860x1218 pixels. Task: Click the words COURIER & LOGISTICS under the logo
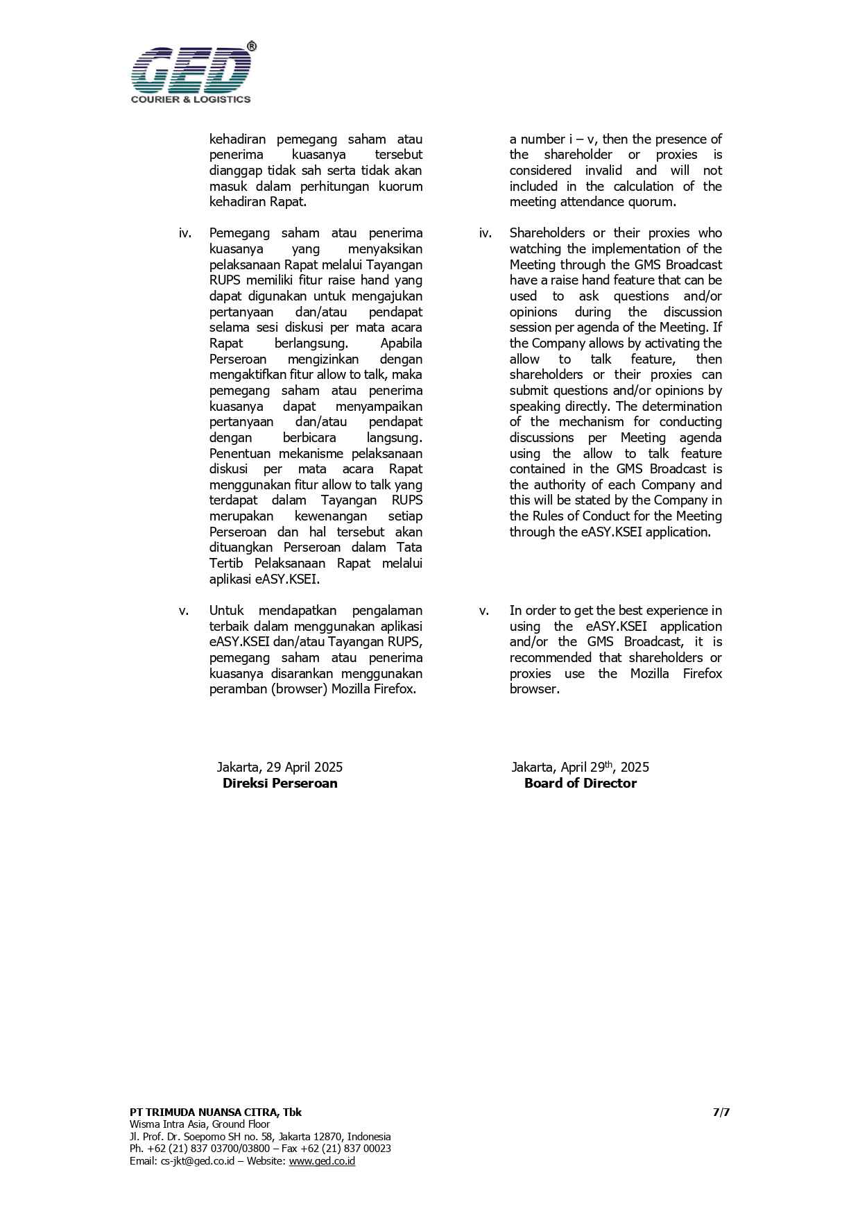[x=191, y=99]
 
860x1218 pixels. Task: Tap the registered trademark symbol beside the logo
[x=251, y=46]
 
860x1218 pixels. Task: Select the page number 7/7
[x=721, y=1112]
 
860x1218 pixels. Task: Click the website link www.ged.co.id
[x=322, y=1160]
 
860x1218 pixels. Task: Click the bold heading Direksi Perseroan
[x=279, y=783]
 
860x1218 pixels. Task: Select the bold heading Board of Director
[x=580, y=783]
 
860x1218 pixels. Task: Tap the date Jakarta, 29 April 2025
[x=279, y=767]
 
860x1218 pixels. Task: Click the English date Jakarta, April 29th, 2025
[x=580, y=767]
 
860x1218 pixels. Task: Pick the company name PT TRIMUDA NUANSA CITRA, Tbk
[x=215, y=1112]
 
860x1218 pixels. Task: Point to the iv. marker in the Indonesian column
[x=185, y=233]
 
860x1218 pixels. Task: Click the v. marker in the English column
[x=484, y=611]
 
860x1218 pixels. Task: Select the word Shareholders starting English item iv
[x=547, y=233]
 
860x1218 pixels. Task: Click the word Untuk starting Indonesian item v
[x=226, y=611]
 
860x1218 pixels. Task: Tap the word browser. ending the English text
[x=534, y=689]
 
